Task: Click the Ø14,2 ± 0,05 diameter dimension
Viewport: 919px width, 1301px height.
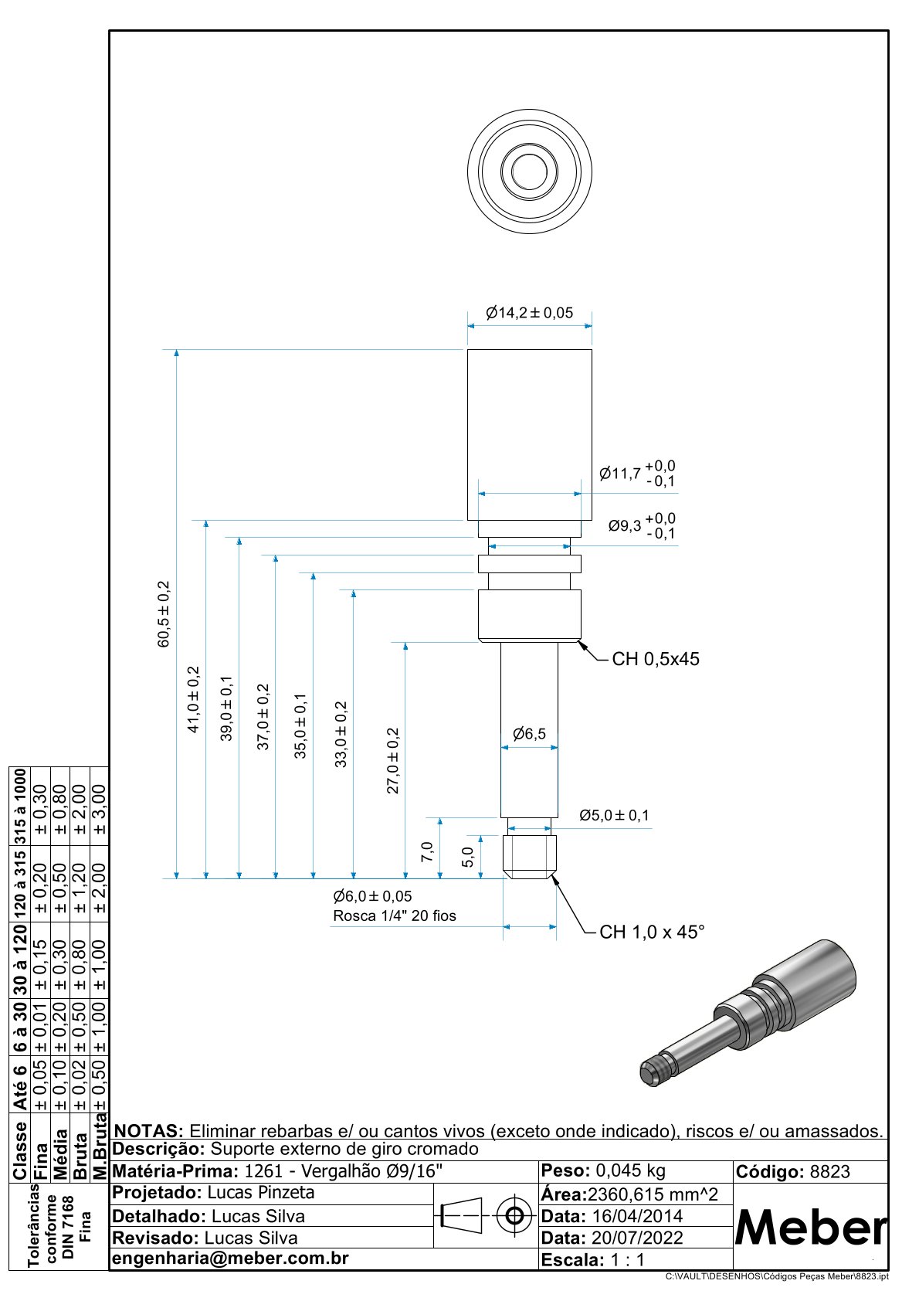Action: click(530, 313)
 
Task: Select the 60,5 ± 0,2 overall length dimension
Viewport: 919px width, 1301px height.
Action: click(164, 614)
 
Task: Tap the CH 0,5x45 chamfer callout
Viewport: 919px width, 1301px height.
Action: click(655, 659)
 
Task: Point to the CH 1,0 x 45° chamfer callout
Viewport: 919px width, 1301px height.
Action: click(652, 932)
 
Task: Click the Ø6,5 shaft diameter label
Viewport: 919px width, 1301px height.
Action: click(529, 733)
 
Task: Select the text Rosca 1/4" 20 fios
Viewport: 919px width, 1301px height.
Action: click(394, 916)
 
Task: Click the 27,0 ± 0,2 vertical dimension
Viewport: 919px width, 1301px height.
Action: click(393, 760)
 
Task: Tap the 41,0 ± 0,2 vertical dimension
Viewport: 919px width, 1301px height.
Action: click(194, 699)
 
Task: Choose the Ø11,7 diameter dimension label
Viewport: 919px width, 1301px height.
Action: click(620, 474)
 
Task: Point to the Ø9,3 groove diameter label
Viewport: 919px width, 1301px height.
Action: click(625, 526)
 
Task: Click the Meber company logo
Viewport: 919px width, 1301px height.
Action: click(810, 1227)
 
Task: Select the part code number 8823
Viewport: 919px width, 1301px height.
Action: click(829, 1172)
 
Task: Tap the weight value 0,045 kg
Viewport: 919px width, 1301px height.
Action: click(630, 1170)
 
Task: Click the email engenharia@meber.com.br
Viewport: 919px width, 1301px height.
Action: click(230, 1259)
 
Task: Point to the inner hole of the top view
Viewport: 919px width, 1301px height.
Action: click(529, 170)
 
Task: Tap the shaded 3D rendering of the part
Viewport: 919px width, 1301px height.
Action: click(749, 1012)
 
